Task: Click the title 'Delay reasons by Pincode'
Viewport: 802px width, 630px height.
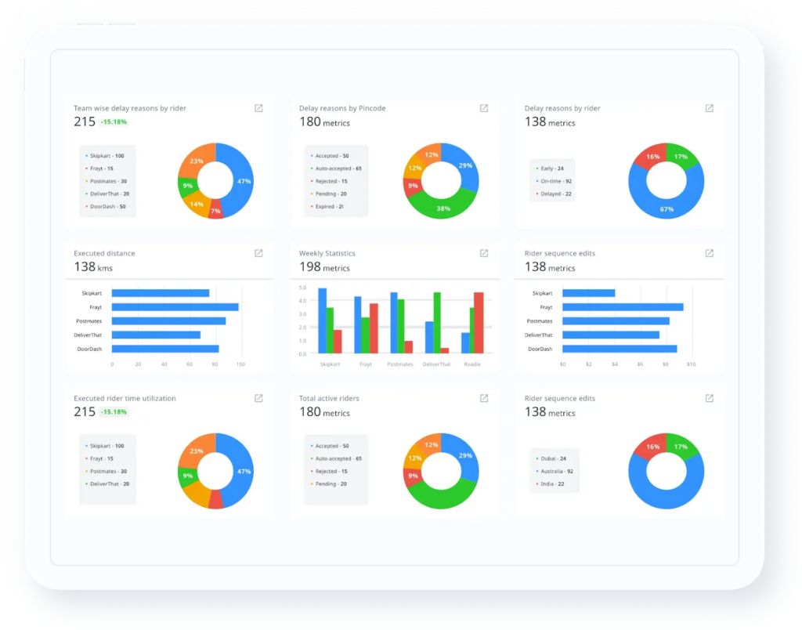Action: coord(341,108)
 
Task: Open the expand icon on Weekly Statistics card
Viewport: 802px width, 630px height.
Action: coord(484,253)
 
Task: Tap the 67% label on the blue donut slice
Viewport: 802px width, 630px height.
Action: coord(667,209)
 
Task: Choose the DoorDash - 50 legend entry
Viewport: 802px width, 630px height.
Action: coord(107,206)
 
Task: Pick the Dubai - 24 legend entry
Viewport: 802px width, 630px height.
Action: coord(552,458)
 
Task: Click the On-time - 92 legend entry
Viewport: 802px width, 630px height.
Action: coord(556,181)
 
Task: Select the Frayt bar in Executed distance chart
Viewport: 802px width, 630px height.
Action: coord(175,307)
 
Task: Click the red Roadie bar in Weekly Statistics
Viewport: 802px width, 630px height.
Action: coord(479,323)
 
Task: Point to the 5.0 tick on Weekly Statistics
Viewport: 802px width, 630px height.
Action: coord(302,288)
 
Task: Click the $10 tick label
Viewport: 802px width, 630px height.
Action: coord(691,364)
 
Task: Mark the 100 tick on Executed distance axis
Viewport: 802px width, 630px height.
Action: coord(240,364)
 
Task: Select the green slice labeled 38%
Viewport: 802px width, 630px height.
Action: coord(443,208)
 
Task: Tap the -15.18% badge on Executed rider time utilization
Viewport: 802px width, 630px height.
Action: coord(114,412)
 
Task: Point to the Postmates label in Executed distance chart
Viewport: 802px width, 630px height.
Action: coord(92,321)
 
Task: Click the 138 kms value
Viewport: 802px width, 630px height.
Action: coord(95,268)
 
